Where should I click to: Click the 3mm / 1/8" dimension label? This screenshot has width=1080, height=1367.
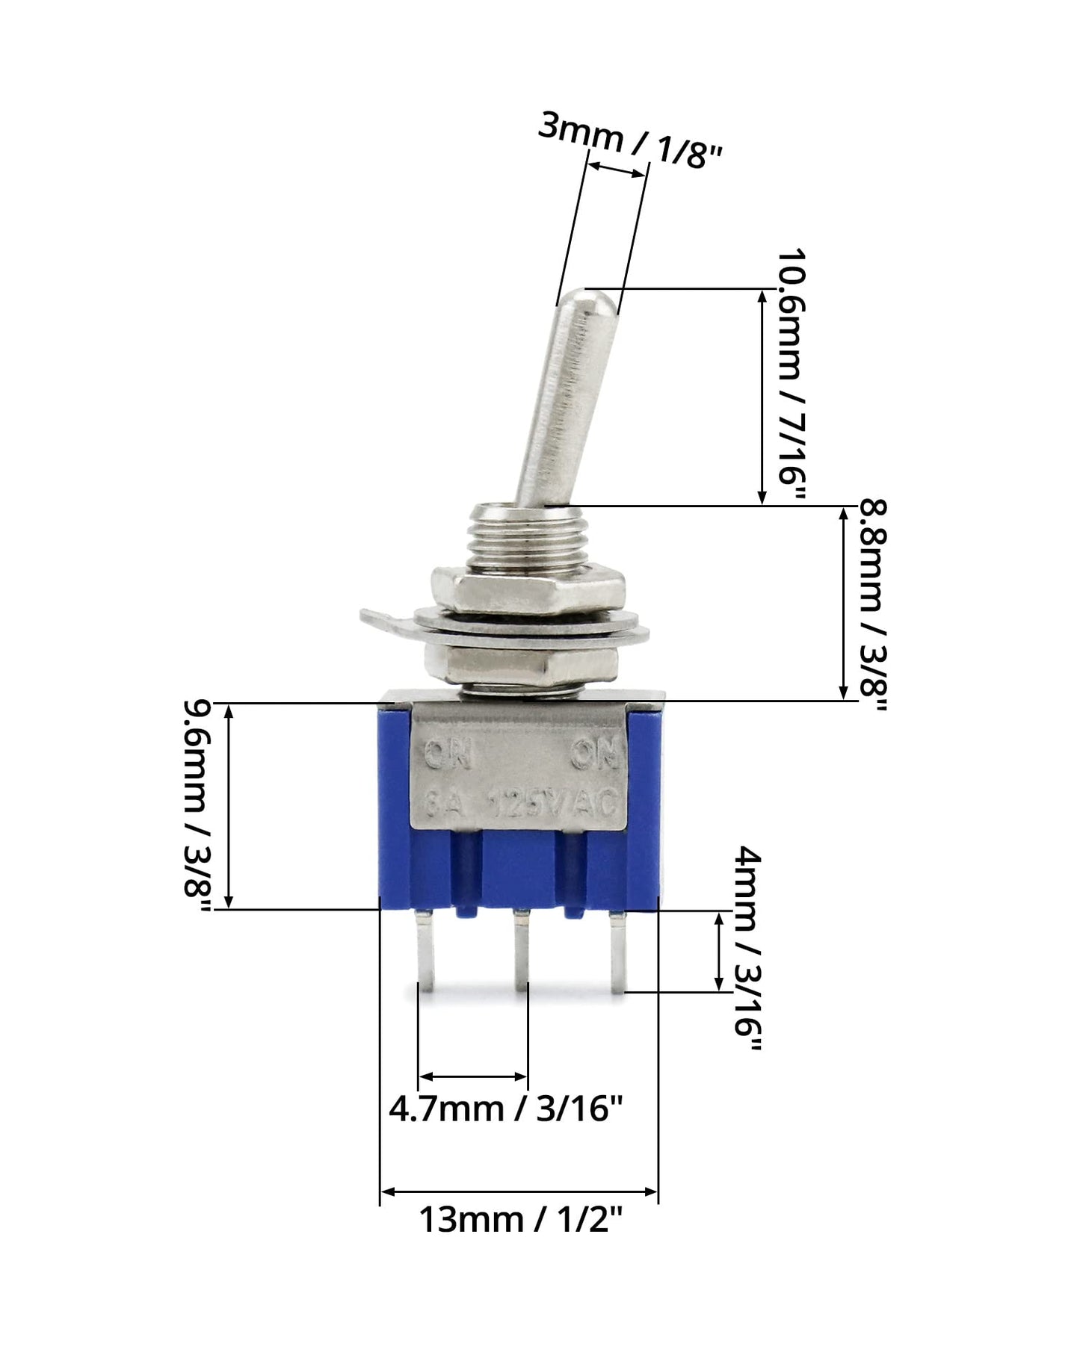(x=630, y=141)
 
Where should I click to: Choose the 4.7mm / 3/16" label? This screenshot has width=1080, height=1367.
(x=505, y=1109)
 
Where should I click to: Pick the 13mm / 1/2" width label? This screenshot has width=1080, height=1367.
(x=520, y=1221)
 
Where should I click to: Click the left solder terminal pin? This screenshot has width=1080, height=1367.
(x=425, y=952)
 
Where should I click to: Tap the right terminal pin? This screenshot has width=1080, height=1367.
(x=617, y=952)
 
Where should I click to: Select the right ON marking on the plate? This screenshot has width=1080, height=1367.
(x=595, y=754)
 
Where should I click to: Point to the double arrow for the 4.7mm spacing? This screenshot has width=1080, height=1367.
(x=472, y=1076)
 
